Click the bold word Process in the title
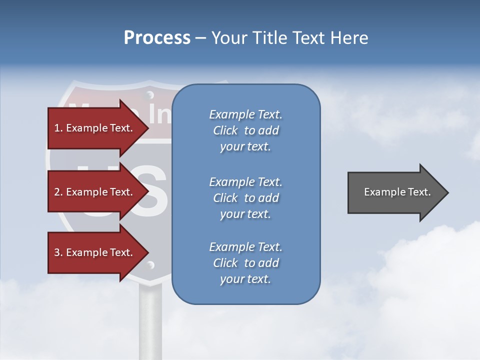click(x=157, y=38)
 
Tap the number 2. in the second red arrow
click(x=58, y=192)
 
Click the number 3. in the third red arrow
click(x=58, y=252)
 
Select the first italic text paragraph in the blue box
click(x=245, y=130)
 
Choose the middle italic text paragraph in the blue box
click(x=245, y=198)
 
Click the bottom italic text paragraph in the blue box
click(x=245, y=263)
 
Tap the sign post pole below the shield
click(x=150, y=320)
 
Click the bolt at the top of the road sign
click(x=149, y=94)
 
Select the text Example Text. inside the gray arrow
click(x=397, y=192)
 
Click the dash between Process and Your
click(x=200, y=38)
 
